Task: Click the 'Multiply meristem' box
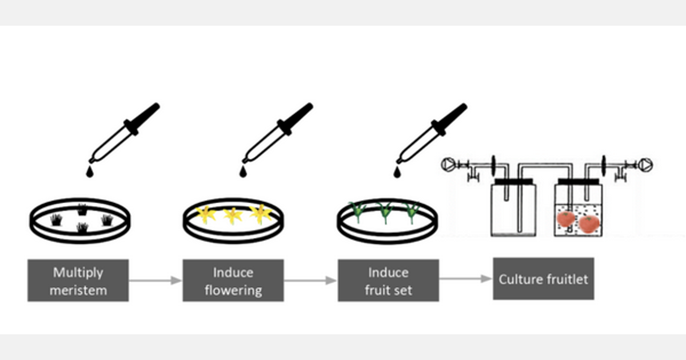(78, 281)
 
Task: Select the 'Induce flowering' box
(233, 281)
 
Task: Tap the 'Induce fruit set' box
(388, 281)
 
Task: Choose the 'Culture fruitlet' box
(543, 279)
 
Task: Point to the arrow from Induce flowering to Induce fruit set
(310, 281)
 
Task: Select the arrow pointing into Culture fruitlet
(465, 279)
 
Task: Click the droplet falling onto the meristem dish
(89, 171)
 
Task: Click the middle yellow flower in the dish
(233, 215)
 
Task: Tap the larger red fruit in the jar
(588, 223)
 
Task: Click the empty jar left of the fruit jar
(513, 209)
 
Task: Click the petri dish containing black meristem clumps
(81, 220)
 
